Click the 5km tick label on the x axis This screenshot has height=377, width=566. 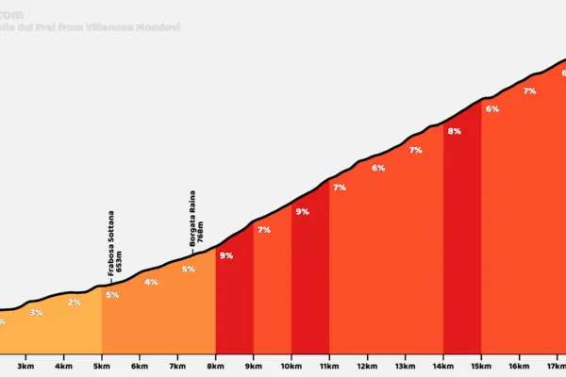pos(102,366)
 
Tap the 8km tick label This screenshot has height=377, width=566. pos(215,366)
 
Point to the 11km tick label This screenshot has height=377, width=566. pos(329,366)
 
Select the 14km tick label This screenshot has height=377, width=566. pos(442,366)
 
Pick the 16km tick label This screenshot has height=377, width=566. pos(518,366)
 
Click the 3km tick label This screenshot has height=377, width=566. pos(26,366)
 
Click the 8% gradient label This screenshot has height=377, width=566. pos(454,132)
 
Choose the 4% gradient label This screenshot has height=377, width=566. pos(151,282)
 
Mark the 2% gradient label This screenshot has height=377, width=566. pos(75,302)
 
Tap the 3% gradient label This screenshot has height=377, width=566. pos(36,312)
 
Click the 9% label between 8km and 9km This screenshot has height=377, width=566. pos(226,255)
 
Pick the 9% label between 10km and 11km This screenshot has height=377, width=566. pos(302,212)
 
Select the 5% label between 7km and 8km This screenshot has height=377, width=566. pos(189,270)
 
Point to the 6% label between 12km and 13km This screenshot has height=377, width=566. pos(378,168)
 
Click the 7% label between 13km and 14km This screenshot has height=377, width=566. pos(416,150)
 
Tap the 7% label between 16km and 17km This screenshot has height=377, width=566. pos(529,91)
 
